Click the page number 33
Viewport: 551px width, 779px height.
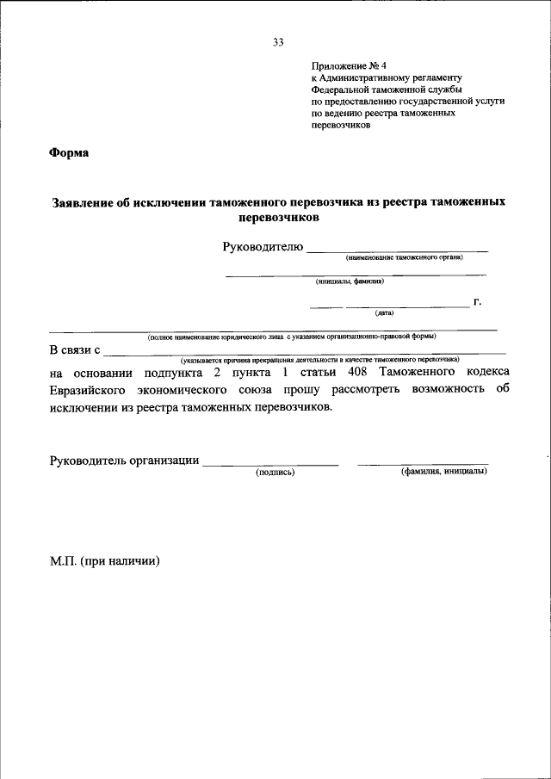[277, 41]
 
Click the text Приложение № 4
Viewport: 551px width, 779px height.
[345, 65]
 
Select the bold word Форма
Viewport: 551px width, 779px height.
[69, 153]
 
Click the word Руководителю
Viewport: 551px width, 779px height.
[263, 248]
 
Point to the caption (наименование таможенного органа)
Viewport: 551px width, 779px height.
[404, 257]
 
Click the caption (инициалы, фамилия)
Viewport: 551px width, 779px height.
[350, 281]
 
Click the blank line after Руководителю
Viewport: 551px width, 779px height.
[397, 250]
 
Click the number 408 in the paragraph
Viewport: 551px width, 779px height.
[357, 372]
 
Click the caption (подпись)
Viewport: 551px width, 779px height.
[275, 472]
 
